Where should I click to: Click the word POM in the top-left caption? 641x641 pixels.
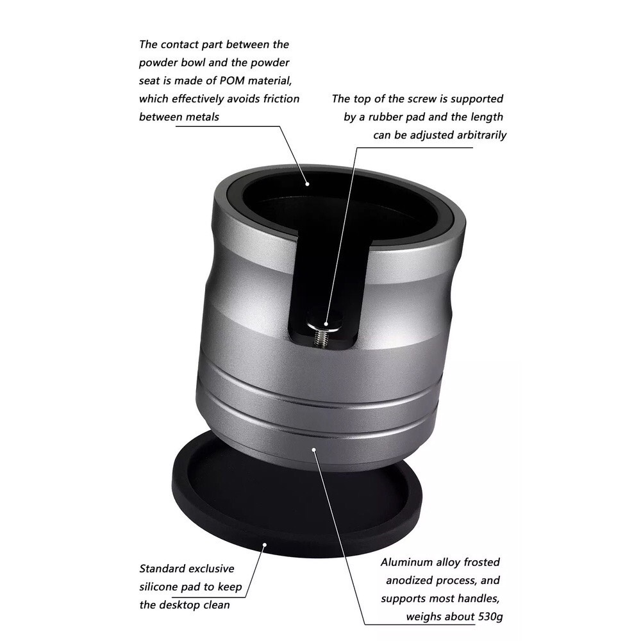point(232,81)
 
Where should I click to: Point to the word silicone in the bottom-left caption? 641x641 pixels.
point(159,587)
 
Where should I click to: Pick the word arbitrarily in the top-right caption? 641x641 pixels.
point(481,135)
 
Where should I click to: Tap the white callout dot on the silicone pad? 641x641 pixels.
point(265,544)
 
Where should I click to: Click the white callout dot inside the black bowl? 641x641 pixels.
point(308,183)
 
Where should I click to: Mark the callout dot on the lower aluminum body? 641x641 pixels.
point(314,450)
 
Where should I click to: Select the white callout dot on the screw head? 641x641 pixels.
point(326,324)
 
